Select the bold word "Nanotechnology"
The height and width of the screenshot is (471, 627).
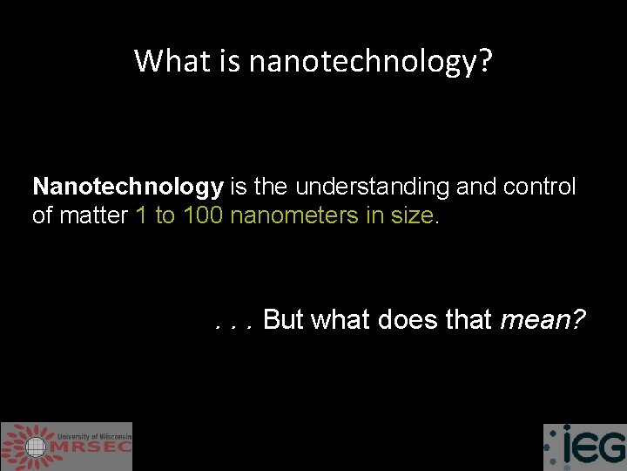click(x=128, y=188)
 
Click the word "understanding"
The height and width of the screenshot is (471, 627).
click(x=370, y=188)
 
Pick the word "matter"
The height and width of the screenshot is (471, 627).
click(x=95, y=215)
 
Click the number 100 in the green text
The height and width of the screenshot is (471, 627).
click(x=202, y=215)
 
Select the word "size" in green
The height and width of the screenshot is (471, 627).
click(x=411, y=215)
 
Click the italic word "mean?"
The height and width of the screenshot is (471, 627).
click(x=543, y=320)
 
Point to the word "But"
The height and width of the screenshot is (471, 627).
click(x=283, y=320)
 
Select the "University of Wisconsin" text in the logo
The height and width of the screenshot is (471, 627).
click(x=94, y=435)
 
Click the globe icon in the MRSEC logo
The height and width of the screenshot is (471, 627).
click(x=36, y=447)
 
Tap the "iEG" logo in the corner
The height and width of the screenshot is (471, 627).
click(x=584, y=447)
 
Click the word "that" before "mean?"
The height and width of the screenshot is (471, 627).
click(x=469, y=320)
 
